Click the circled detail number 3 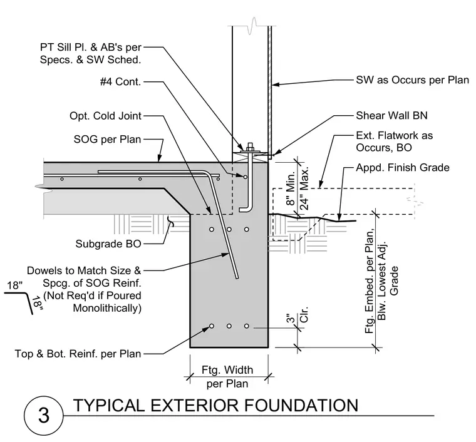click(44, 415)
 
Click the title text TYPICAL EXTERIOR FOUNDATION click(216, 405)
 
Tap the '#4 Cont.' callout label click(120, 81)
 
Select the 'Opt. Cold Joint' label click(105, 116)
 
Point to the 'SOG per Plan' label click(108, 139)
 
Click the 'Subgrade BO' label click(108, 244)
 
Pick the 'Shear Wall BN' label click(391, 115)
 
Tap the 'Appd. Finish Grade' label click(403, 167)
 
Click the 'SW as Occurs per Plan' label click(412, 80)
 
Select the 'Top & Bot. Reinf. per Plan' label click(78, 354)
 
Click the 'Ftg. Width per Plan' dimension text click(227, 377)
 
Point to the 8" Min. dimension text click(291, 188)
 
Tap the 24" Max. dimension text click(304, 188)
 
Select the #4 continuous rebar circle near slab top click(245, 177)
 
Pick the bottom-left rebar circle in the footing click(212, 326)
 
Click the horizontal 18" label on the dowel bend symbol click(15, 285)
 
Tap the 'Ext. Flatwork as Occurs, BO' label click(395, 141)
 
